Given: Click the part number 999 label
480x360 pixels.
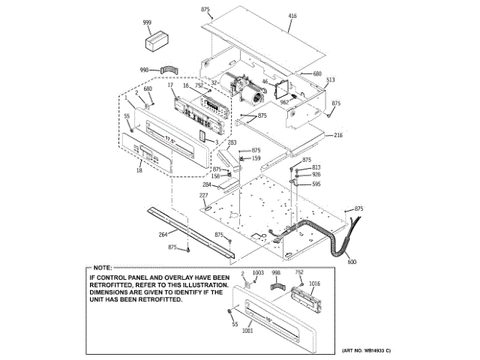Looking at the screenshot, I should [148, 23].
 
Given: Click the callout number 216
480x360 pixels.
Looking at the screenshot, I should [338, 136].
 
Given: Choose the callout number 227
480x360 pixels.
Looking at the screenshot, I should [203, 196].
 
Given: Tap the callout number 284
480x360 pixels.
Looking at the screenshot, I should [206, 184].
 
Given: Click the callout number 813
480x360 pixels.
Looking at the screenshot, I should [316, 167].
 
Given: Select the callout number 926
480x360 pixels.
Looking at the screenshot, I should [316, 175].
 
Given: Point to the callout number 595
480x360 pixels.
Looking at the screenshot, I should [316, 184].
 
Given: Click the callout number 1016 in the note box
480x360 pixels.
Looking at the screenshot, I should [313, 284].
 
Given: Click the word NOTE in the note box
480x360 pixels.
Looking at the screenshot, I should [102, 268].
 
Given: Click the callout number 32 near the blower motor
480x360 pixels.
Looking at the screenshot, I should [214, 82].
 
